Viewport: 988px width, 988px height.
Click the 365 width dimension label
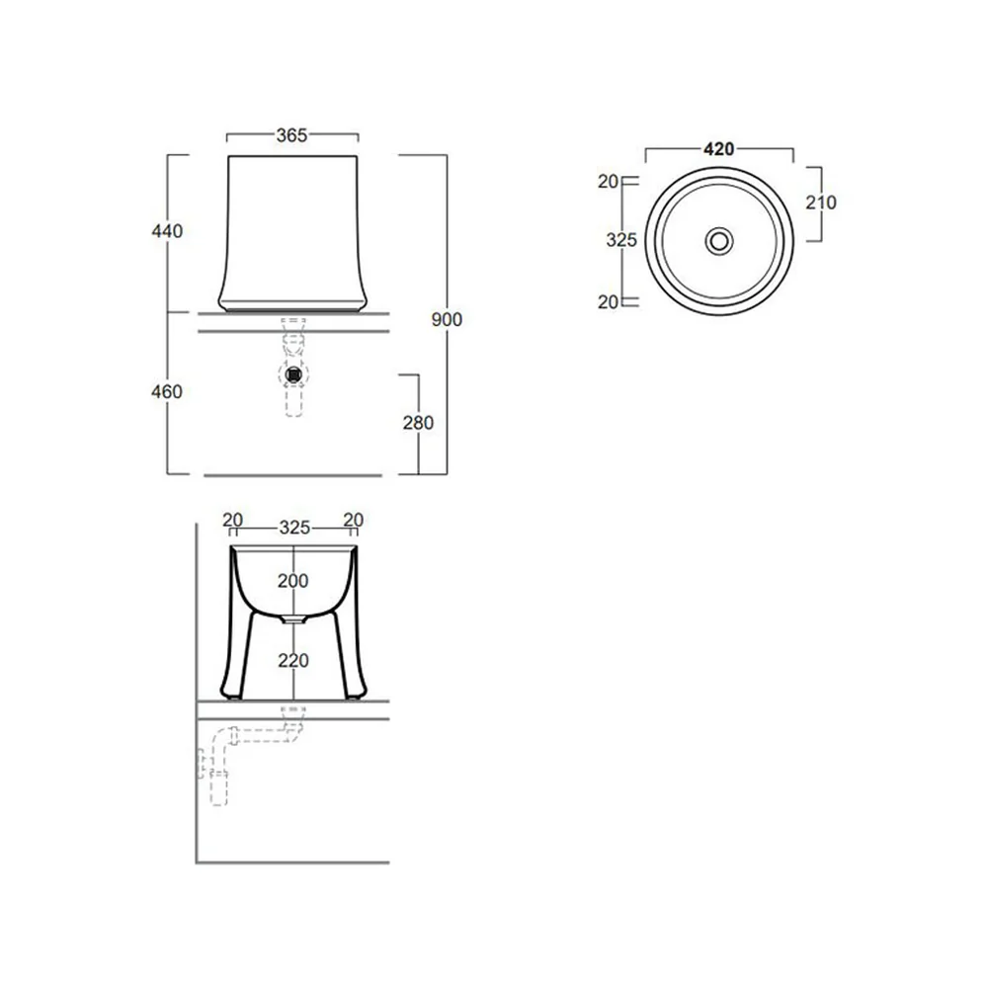[x=291, y=135]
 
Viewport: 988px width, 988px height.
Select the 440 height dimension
[x=167, y=231]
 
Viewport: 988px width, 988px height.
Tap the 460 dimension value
[x=167, y=392]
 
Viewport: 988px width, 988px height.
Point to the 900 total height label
[x=447, y=319]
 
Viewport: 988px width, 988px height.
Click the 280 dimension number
[x=418, y=423]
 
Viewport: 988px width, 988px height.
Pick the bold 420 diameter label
[x=719, y=149]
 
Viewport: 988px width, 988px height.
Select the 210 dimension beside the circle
[x=821, y=203]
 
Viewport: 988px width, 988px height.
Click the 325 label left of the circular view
[x=621, y=240]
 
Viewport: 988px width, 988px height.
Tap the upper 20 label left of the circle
[x=608, y=182]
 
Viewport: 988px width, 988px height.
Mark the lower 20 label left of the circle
[x=608, y=301]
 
